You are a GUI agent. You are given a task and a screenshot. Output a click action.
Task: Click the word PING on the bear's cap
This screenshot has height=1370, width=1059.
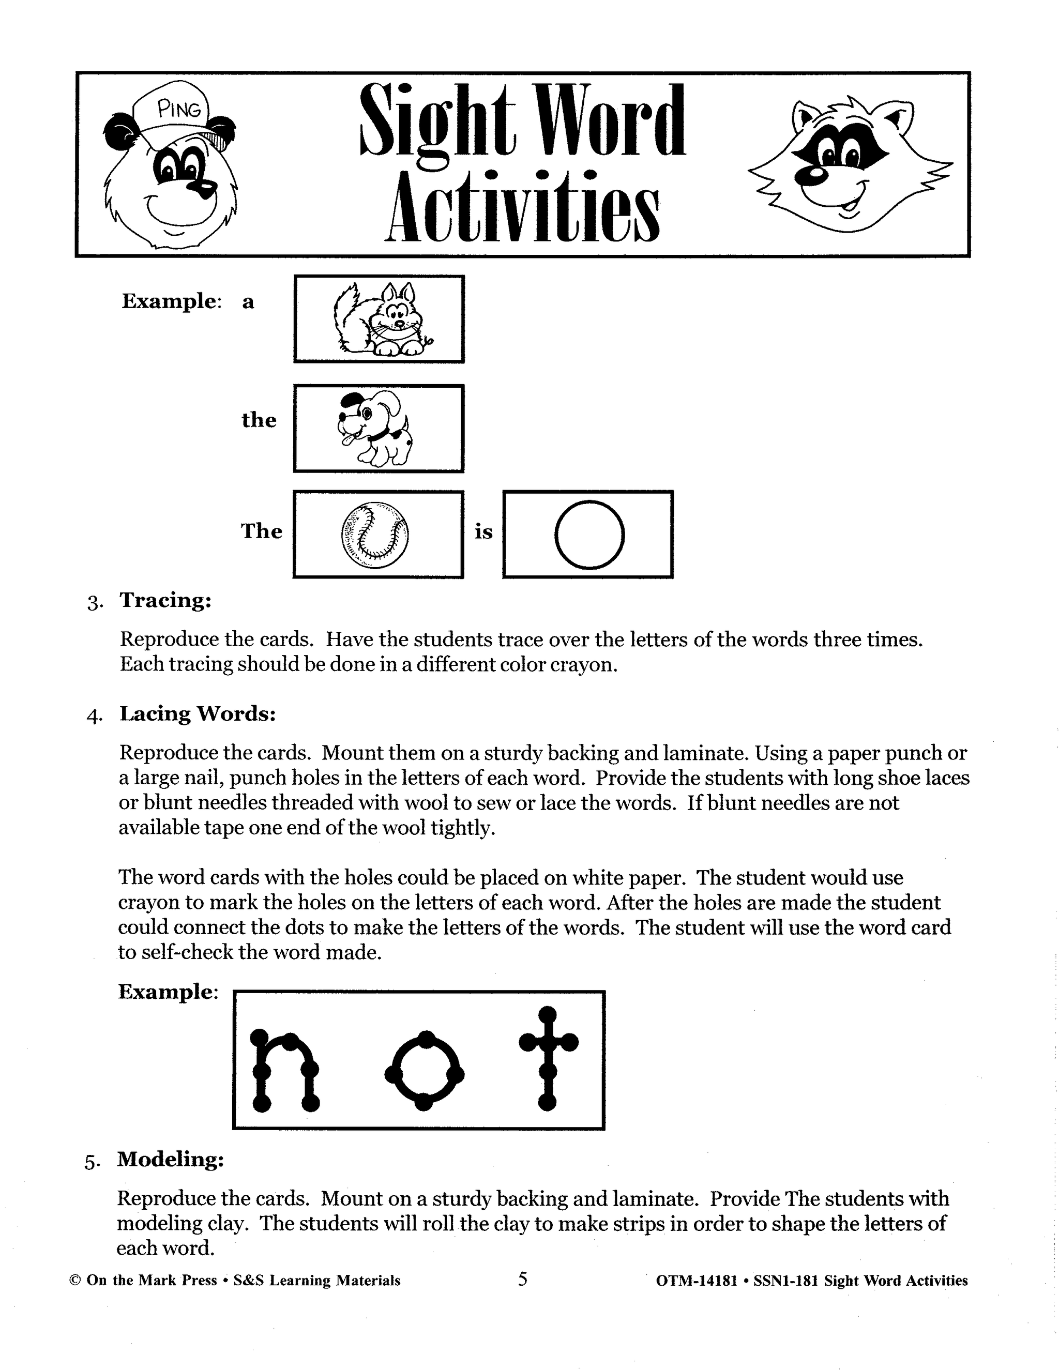[180, 111]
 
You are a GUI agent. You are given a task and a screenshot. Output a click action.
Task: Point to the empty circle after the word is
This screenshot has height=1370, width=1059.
[589, 534]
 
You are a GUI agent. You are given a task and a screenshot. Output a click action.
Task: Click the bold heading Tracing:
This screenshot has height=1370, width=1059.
[165, 600]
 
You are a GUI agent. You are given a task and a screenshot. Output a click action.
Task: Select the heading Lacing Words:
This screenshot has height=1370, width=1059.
[198, 714]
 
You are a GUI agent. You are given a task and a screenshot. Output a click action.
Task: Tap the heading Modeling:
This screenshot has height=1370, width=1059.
[170, 1159]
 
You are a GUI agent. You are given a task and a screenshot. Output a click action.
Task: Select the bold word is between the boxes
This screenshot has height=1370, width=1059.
[483, 532]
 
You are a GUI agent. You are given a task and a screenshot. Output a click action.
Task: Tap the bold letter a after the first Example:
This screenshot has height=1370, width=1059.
[248, 302]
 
